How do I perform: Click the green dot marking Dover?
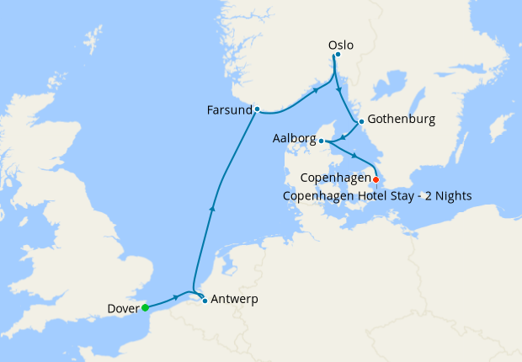click(x=146, y=307)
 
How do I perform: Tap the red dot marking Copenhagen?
click(x=376, y=179)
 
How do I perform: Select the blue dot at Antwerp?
click(x=205, y=301)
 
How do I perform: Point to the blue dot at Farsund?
click(x=257, y=109)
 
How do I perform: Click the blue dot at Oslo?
click(x=337, y=55)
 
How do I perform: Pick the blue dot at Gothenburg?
click(x=361, y=121)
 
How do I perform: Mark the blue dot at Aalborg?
click(x=322, y=141)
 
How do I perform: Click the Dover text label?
click(x=124, y=308)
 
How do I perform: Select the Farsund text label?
click(x=229, y=109)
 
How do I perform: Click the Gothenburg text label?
click(x=401, y=120)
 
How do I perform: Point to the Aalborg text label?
click(x=294, y=139)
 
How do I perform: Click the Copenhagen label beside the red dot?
click(x=336, y=178)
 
